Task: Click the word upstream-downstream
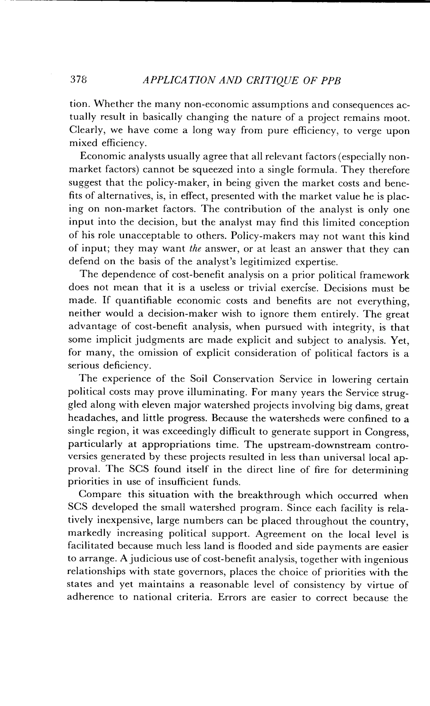pos(319,445)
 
